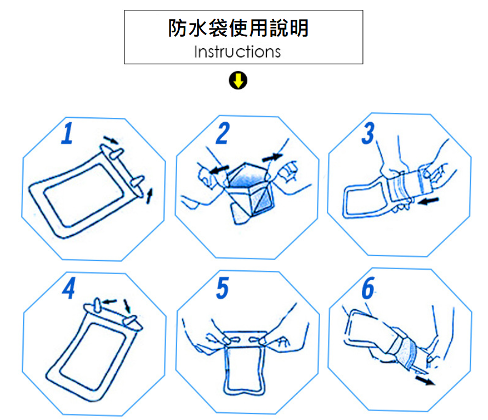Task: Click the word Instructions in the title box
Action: (x=237, y=52)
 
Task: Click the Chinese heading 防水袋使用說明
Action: (x=238, y=28)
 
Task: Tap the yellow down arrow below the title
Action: (x=237, y=81)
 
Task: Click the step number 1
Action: (x=67, y=134)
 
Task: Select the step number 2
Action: (x=222, y=134)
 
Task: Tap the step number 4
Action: (x=68, y=288)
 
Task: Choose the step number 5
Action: (x=222, y=288)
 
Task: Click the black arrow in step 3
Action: (x=428, y=203)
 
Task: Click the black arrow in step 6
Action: (x=425, y=379)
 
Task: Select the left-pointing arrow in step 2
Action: (x=219, y=168)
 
